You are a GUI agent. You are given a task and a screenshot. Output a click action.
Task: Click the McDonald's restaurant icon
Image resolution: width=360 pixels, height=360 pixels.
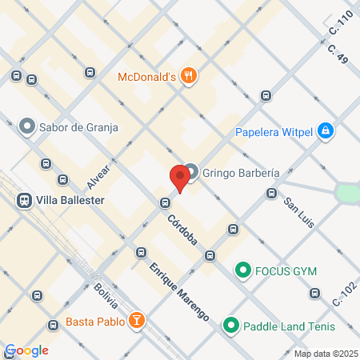click(189, 76)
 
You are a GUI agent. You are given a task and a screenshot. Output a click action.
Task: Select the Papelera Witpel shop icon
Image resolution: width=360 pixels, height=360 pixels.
click(325, 130)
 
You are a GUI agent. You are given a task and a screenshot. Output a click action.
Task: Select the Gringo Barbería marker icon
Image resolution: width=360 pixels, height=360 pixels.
click(192, 172)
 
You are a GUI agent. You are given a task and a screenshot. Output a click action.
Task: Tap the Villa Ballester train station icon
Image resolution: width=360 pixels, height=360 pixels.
click(24, 200)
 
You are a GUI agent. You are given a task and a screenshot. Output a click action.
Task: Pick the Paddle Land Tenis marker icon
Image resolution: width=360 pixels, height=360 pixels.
click(231, 325)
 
